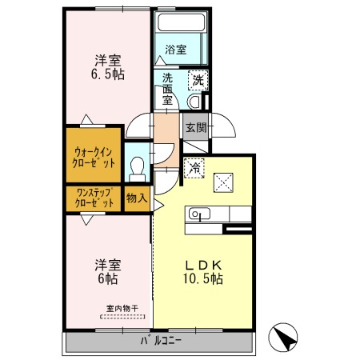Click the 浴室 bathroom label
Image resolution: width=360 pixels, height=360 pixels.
click(175, 50)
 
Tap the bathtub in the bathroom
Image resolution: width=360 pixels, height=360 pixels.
click(181, 22)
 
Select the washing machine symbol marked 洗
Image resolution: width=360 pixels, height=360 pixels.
click(198, 80)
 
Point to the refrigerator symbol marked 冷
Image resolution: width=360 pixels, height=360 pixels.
click(194, 168)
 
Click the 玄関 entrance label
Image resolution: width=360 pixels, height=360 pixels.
click(196, 128)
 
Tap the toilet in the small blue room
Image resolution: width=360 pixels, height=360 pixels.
click(138, 170)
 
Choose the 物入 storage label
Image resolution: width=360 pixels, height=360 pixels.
click(137, 198)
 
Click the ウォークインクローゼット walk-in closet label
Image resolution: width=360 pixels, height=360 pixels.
click(94, 158)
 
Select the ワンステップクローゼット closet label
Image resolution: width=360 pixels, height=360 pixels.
click(94, 198)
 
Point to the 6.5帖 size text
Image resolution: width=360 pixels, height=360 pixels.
click(108, 74)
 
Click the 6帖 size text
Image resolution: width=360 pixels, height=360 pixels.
click(108, 278)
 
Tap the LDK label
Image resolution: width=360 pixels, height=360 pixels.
click(203, 265)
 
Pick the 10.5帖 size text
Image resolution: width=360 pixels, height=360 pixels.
click(203, 279)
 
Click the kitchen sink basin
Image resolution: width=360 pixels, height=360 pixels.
click(199, 214)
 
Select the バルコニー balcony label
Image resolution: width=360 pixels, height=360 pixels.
click(162, 341)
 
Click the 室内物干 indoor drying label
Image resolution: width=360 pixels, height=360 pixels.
click(122, 309)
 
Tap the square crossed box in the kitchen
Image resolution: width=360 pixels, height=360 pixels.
click(223, 182)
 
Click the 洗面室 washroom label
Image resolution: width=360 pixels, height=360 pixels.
click(168, 90)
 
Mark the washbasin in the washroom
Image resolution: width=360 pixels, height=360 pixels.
click(194, 102)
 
